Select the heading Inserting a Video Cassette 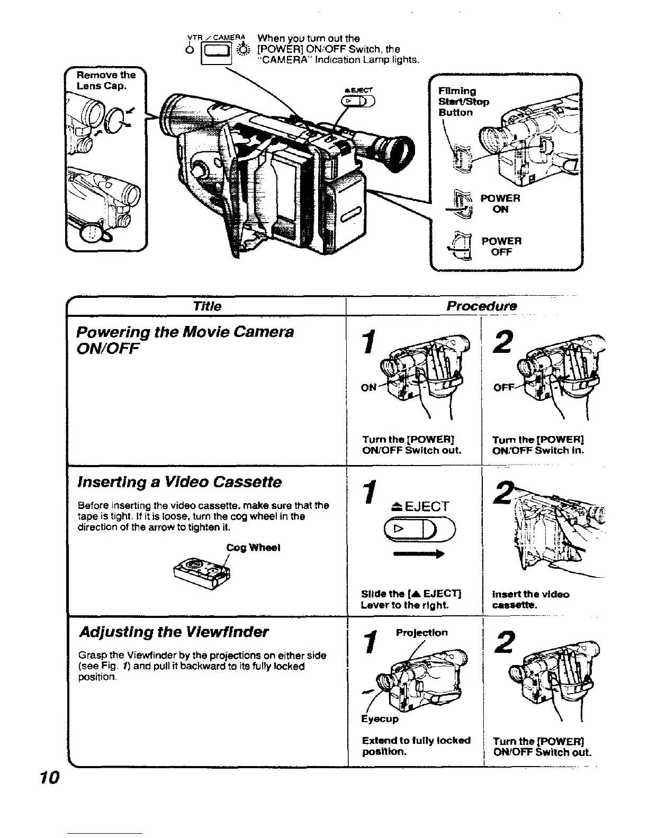point(179,482)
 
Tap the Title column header point(207,306)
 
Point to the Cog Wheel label point(253,548)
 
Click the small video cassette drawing point(203,572)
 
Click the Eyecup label point(380,719)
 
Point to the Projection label point(421,633)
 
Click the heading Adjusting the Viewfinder point(174,632)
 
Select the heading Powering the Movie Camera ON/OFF point(185,340)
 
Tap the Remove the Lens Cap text point(106,80)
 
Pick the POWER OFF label point(501,247)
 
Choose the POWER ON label point(500,204)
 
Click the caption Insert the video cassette point(530,599)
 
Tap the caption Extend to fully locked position point(416,746)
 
